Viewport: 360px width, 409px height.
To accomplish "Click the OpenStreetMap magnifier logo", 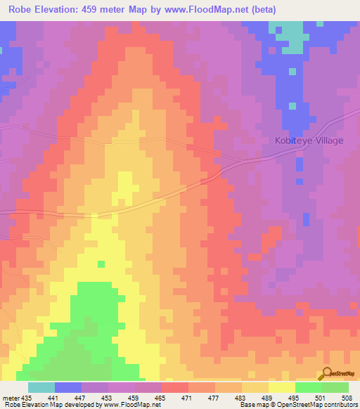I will pyautogui.click(x=328, y=373).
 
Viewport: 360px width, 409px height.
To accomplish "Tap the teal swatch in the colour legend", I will pyautogui.click(x=41, y=387).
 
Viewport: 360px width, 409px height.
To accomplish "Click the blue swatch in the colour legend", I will pyautogui.click(x=67, y=387).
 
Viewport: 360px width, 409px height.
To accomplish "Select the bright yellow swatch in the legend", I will pyautogui.click(x=281, y=387).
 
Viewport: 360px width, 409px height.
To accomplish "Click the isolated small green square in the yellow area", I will pyautogui.click(x=101, y=264).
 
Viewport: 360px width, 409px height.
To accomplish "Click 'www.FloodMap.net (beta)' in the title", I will pyautogui.click(x=212, y=10).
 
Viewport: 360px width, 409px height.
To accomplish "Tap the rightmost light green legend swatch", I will pyautogui.click(x=335, y=387).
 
